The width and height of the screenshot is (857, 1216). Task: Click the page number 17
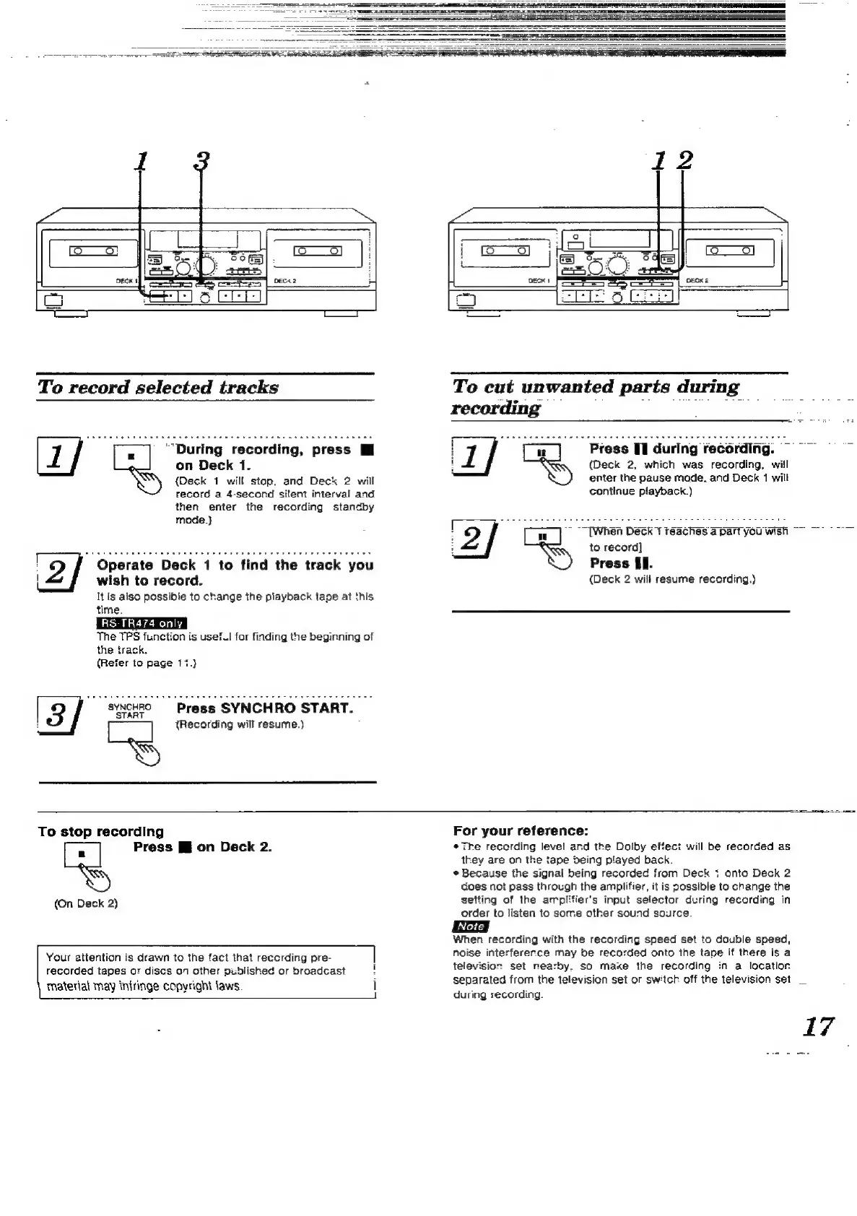coord(818,1026)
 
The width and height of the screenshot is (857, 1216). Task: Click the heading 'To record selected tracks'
coord(157,387)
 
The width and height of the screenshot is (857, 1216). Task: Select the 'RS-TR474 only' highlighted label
coord(142,623)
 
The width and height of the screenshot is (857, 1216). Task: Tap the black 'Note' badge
coord(470,926)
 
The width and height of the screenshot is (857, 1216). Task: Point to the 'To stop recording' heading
coord(101,832)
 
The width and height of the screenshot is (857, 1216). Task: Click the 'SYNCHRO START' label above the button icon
coord(130,711)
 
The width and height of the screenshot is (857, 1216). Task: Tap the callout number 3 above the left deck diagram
coord(201,162)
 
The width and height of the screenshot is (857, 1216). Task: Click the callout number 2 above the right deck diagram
coord(683,160)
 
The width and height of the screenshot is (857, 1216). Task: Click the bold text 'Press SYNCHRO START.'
coord(264,708)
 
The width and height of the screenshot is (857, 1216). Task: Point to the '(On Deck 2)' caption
coord(86,903)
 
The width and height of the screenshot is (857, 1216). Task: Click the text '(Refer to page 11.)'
coord(147,663)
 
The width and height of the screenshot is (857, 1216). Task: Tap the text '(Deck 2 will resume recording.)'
coord(672,579)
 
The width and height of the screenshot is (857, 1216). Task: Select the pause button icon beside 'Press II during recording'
coord(541,454)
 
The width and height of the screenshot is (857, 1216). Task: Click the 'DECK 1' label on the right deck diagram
coord(539,280)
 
